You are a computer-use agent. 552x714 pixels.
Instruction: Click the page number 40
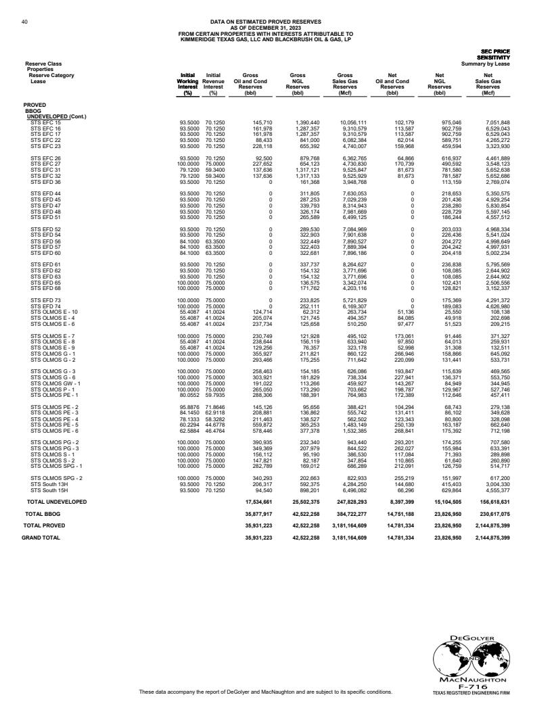point(24,22)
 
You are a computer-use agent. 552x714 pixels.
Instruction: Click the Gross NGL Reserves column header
point(298,86)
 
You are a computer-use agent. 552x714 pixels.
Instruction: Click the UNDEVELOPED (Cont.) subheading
point(56,117)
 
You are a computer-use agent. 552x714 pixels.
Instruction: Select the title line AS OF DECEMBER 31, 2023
point(265,28)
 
